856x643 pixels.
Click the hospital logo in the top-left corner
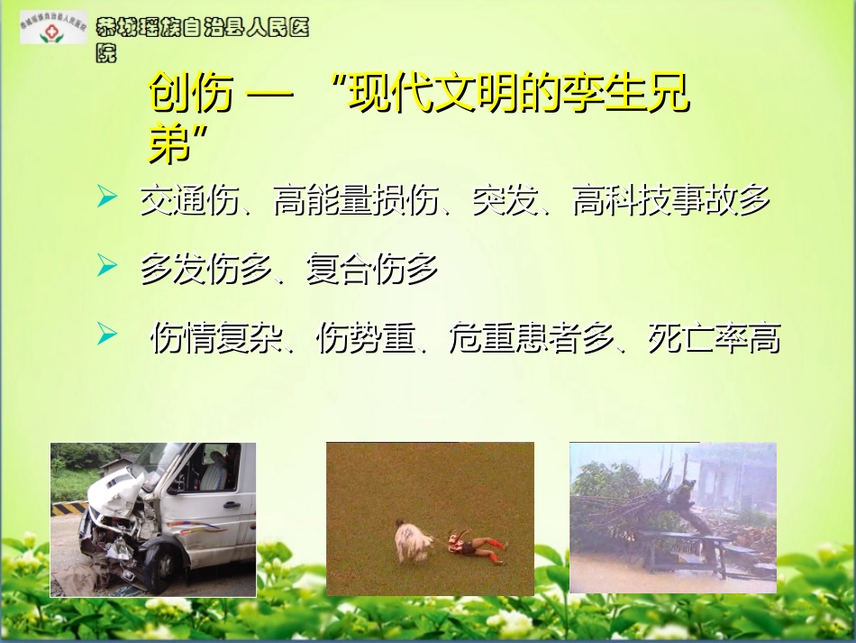pyautogui.click(x=54, y=27)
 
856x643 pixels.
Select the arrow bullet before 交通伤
pyautogui.click(x=107, y=198)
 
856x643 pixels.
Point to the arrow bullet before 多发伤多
pyautogui.click(x=107, y=265)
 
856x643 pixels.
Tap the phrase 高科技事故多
pyautogui.click(x=671, y=201)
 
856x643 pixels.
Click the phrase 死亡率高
pyautogui.click(x=714, y=339)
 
